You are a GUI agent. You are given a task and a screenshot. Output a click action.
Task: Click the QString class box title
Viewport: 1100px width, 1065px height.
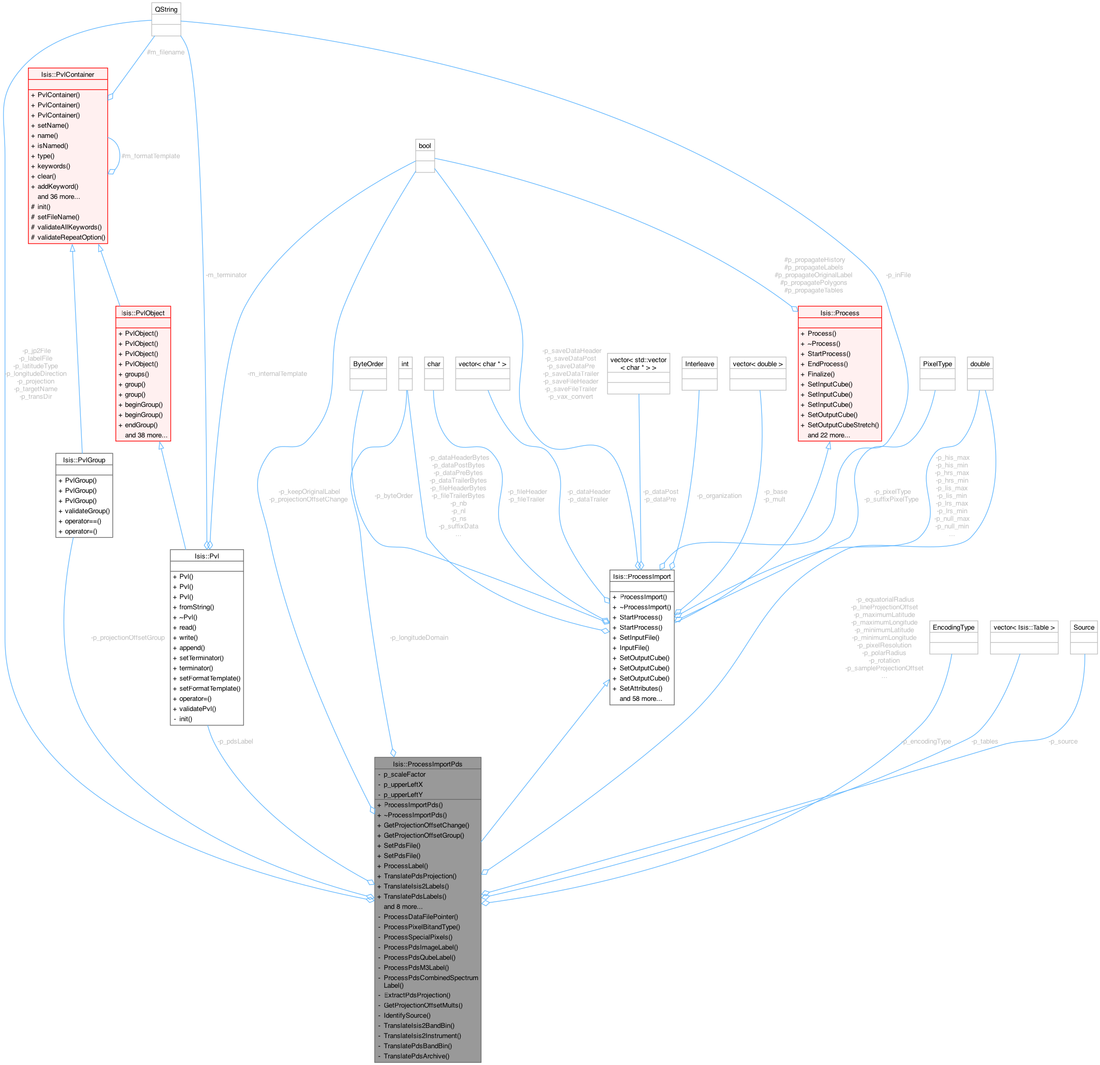coord(166,10)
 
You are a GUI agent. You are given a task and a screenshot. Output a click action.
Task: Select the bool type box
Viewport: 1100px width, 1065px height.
coord(425,146)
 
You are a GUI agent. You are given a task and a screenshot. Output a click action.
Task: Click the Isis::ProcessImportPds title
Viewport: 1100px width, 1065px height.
coord(427,764)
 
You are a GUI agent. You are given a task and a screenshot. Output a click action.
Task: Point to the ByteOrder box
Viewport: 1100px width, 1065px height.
coord(368,364)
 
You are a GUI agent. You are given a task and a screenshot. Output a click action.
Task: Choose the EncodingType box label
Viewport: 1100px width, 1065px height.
coord(954,627)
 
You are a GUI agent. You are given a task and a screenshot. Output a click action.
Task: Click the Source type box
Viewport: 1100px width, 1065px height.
coord(1083,627)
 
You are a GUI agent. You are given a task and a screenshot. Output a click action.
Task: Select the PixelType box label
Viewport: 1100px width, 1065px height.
coord(937,364)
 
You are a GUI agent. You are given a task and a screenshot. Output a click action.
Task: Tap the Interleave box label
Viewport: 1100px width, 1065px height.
coord(699,364)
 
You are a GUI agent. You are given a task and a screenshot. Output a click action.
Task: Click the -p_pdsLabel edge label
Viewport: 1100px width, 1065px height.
coord(235,741)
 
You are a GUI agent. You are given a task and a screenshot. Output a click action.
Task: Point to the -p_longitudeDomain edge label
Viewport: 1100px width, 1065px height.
coord(419,637)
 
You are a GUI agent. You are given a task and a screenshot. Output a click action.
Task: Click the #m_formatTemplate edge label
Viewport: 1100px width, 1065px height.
coord(151,156)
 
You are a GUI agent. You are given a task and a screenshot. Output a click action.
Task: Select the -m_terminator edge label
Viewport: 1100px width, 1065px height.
coord(226,275)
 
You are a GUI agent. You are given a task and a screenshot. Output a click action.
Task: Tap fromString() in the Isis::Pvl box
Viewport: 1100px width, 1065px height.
coord(196,607)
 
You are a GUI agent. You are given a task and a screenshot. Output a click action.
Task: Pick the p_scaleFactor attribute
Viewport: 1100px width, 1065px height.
coord(404,774)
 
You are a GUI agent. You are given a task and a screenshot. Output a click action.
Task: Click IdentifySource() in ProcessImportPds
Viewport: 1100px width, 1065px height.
coord(407,1015)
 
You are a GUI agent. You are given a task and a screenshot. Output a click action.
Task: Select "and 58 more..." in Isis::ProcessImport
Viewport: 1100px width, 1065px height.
coord(640,698)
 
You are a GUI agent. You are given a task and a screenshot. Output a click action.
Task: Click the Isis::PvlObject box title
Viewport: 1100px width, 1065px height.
coord(143,313)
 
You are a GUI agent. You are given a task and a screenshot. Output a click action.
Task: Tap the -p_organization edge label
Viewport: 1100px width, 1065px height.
coord(719,496)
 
